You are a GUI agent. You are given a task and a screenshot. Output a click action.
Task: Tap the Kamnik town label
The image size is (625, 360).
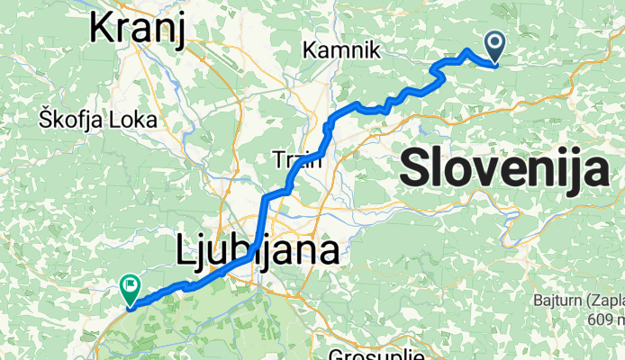point(341,50)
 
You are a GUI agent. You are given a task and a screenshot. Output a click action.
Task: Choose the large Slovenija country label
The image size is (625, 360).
point(503,168)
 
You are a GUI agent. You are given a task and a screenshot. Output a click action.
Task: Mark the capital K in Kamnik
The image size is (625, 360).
point(312,50)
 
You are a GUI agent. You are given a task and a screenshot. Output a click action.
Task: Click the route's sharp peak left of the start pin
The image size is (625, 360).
point(466,51)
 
